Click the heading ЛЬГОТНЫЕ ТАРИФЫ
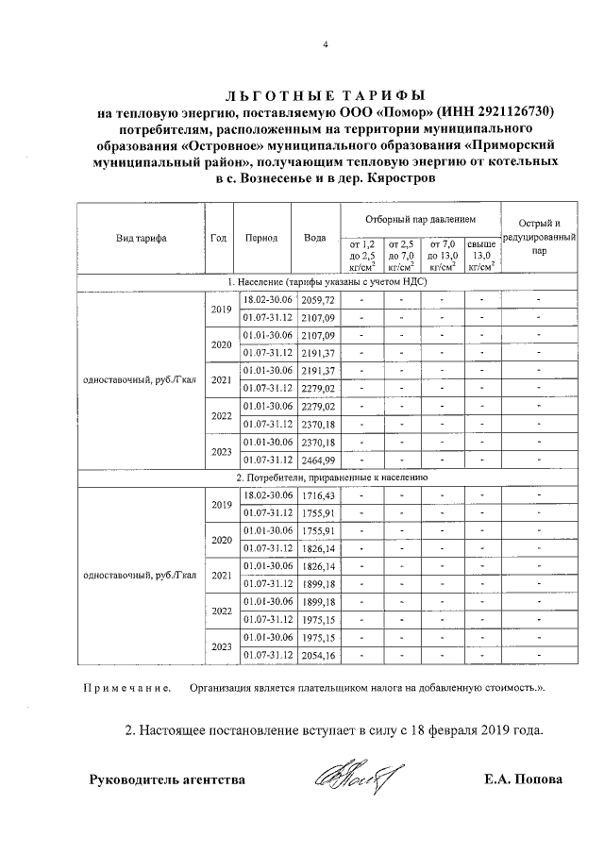coord(325,95)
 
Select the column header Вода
coord(314,238)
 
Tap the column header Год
coord(220,238)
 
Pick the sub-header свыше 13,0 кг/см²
coord(481,255)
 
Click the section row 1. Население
coord(326,282)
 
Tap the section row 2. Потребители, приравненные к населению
coord(326,478)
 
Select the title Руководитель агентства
coord(167,780)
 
